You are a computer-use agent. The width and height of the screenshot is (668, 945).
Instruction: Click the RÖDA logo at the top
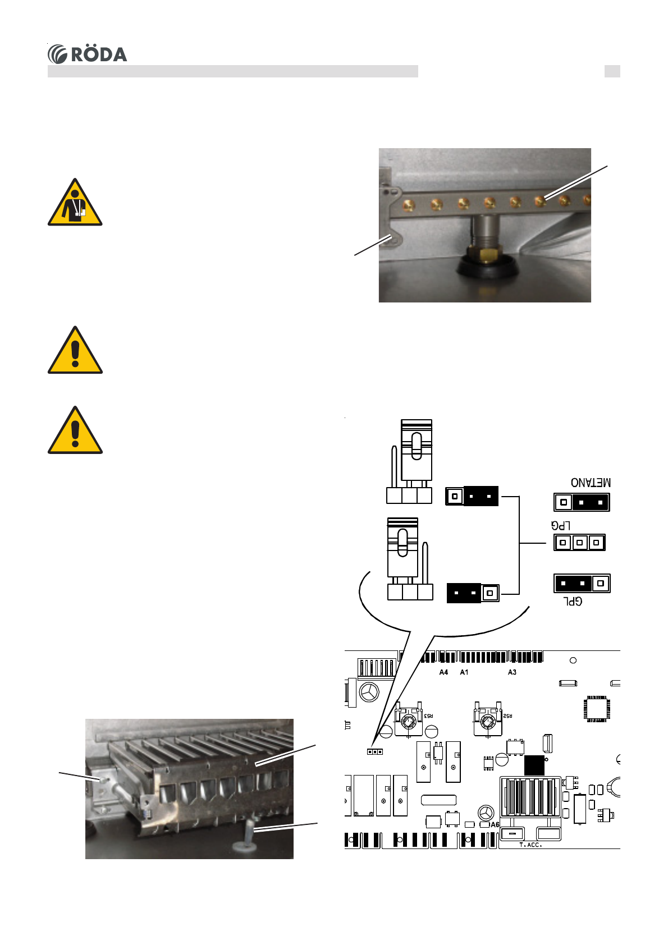tap(88, 54)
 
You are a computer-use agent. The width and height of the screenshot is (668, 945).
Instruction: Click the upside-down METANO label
tap(591, 483)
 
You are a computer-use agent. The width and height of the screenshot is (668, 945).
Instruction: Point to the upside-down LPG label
tap(561, 526)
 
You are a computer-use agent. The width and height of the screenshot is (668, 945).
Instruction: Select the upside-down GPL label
tap(573, 601)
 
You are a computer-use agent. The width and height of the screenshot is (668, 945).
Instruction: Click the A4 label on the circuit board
tap(443, 672)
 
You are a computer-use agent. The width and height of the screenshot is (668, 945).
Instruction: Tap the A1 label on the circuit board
tap(464, 672)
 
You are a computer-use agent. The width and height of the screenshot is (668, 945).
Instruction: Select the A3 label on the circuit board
tap(512, 672)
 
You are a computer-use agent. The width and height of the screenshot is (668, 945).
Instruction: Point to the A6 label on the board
tap(495, 825)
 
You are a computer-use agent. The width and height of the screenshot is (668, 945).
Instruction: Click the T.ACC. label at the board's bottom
tap(530, 845)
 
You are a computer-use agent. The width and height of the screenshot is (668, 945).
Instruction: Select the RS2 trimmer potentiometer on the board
tap(487, 722)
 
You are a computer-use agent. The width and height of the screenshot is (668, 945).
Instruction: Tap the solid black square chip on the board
tap(534, 765)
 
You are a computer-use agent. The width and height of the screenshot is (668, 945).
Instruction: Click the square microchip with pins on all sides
tap(596, 709)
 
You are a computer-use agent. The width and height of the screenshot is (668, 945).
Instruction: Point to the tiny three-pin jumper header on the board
tap(375, 751)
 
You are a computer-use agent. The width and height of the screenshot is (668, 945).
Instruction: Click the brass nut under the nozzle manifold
tap(488, 254)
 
